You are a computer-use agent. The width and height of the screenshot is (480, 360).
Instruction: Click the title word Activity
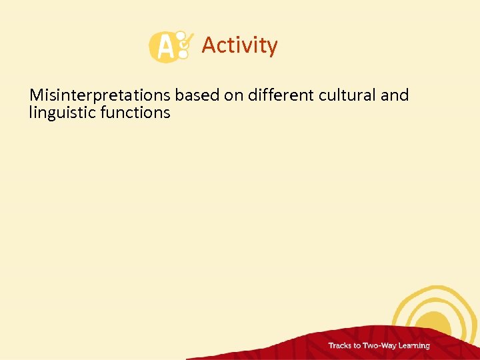click(x=239, y=45)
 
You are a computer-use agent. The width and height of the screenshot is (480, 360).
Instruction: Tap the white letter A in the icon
click(x=162, y=47)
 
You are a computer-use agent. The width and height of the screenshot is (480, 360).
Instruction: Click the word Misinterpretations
click(x=101, y=95)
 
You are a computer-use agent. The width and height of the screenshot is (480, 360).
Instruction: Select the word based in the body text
click(x=197, y=95)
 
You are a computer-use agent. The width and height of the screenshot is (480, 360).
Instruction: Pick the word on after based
click(x=233, y=95)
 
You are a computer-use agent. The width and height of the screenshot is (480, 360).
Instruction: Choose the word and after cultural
click(x=395, y=95)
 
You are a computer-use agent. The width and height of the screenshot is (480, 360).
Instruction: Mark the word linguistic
click(x=62, y=113)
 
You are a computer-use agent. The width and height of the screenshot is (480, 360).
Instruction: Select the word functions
click(x=135, y=113)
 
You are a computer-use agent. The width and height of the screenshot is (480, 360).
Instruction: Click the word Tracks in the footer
click(x=343, y=345)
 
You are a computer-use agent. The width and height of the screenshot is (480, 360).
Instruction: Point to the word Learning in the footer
click(x=415, y=346)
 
